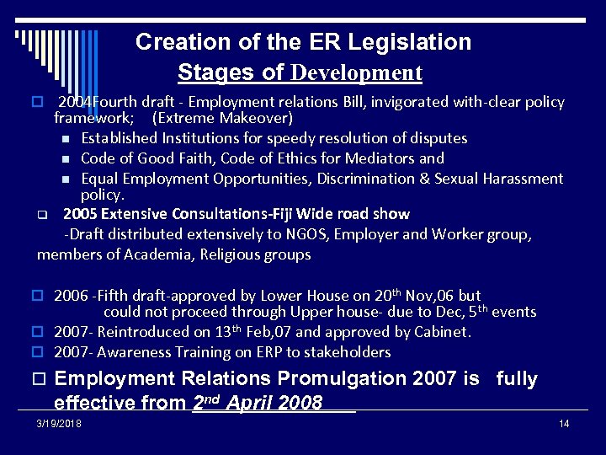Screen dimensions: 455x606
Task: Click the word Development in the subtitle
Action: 356,73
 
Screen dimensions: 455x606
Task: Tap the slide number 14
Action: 564,423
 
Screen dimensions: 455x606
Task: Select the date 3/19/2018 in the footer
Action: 59,423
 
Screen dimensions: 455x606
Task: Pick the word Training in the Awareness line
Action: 202,352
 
